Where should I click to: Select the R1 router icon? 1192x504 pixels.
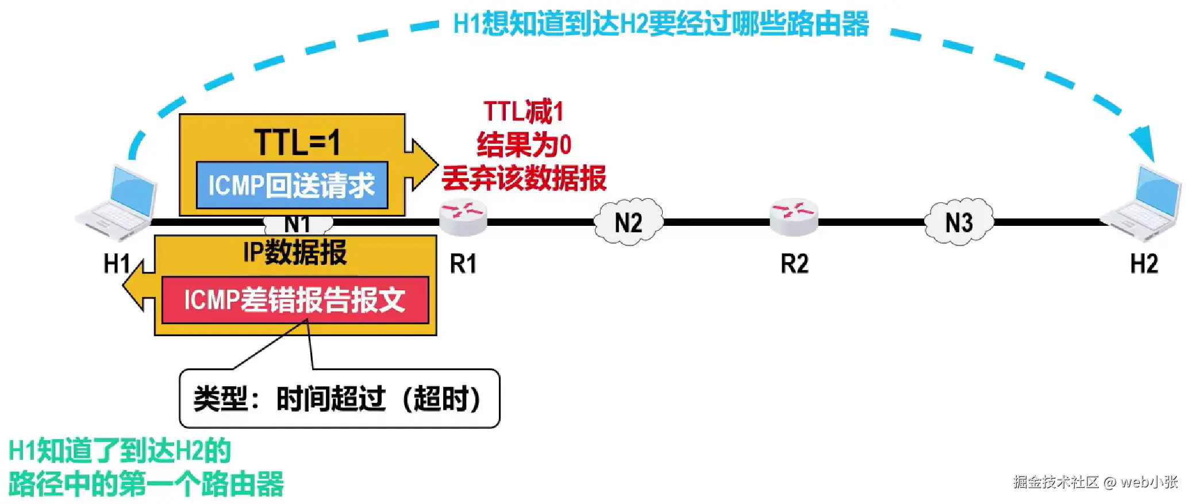click(x=463, y=217)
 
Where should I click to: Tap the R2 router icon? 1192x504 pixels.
click(x=794, y=217)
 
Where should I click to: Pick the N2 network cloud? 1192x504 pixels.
click(x=628, y=222)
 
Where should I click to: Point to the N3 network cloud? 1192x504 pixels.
click(x=959, y=222)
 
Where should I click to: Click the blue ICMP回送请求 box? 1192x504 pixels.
click(x=292, y=185)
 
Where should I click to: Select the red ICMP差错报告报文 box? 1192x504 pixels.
click(x=295, y=300)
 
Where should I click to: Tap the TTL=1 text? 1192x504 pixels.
click(x=297, y=142)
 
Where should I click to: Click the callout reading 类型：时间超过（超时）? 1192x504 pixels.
click(x=339, y=398)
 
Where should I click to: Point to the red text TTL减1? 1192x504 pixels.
click(x=523, y=111)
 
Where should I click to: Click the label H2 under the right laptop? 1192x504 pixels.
click(x=1144, y=264)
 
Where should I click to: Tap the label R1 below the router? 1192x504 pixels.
click(x=463, y=264)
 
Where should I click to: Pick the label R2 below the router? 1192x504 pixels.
click(x=794, y=264)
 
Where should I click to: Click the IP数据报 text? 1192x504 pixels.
click(x=295, y=252)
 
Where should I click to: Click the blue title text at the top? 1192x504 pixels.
click(x=661, y=25)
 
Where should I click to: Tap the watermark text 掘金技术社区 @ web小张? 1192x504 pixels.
click(x=1095, y=482)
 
